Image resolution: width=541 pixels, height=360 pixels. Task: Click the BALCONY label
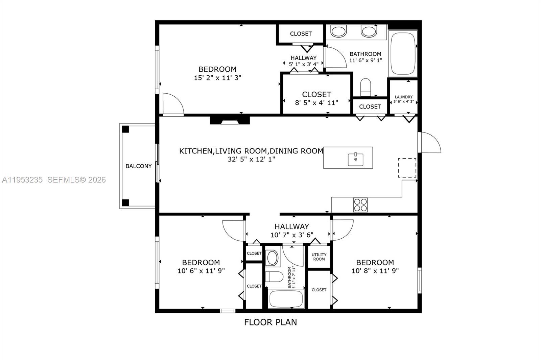[x=139, y=166]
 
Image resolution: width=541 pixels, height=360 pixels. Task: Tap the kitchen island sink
[x=356, y=159]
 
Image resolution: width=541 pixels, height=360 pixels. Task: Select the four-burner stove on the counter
[x=360, y=205]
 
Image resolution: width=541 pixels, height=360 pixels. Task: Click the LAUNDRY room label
[x=404, y=97]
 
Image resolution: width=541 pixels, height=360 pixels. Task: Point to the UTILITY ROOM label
[x=319, y=257]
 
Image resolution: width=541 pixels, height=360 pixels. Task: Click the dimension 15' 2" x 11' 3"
[x=217, y=78]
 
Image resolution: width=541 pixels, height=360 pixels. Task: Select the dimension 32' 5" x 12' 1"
[x=251, y=159]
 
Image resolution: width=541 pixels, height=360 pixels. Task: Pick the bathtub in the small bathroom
[x=286, y=298]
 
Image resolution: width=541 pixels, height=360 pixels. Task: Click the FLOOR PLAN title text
[x=270, y=322]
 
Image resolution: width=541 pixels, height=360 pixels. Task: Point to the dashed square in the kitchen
[x=407, y=168]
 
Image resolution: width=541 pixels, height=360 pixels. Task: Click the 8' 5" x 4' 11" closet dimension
[x=316, y=103]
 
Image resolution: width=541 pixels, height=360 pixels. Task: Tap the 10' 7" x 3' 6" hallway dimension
[x=292, y=235]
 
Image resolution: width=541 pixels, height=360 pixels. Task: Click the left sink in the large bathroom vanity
[x=338, y=32]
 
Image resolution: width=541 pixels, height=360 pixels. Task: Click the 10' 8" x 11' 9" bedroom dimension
[x=375, y=271]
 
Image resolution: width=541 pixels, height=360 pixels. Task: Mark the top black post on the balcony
[x=125, y=129]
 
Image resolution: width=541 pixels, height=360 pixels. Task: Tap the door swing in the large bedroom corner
[x=172, y=105]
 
